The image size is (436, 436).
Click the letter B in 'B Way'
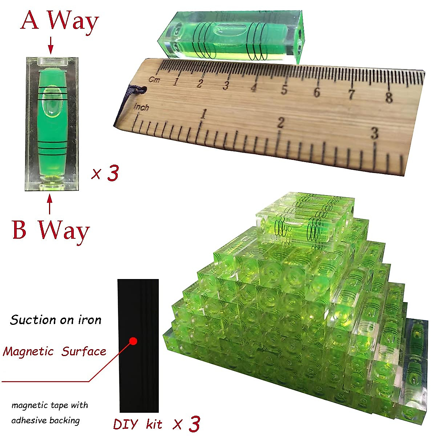(19, 230)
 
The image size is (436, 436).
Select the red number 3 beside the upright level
(113, 173)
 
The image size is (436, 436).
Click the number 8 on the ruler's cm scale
(389, 97)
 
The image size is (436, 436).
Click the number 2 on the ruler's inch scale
(280, 123)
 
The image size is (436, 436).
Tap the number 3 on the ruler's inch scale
(374, 133)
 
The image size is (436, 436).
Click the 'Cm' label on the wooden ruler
(154, 80)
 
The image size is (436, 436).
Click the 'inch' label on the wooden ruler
(141, 107)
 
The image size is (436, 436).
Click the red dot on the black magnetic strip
(133, 341)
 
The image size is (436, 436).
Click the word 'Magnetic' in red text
(28, 351)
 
